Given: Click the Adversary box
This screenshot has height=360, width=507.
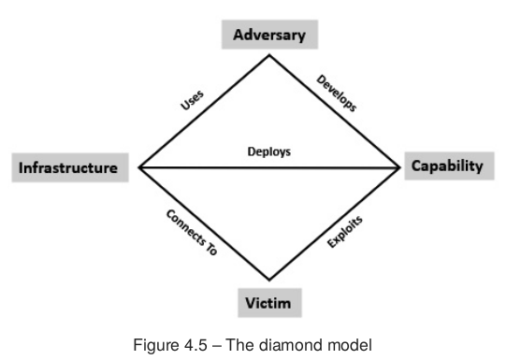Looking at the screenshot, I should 269,36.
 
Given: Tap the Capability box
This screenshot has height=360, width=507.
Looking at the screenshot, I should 447,166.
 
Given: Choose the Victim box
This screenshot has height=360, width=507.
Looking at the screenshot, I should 269,304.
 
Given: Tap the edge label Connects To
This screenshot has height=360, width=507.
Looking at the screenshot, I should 191,234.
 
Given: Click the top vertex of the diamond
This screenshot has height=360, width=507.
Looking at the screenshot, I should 270,54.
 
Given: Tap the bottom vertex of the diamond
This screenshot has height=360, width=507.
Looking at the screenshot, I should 269,281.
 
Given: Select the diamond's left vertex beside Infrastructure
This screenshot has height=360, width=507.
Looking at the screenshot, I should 138,168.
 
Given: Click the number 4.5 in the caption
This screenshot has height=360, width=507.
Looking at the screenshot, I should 202,344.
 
